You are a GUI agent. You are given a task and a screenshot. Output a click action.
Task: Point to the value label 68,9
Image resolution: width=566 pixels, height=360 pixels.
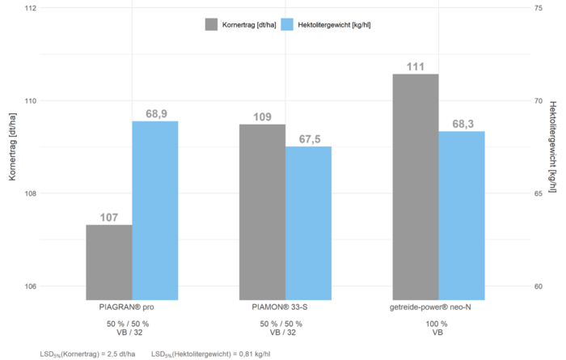[x=156, y=114]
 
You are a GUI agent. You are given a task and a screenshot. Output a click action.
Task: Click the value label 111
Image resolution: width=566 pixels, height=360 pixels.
[x=416, y=66]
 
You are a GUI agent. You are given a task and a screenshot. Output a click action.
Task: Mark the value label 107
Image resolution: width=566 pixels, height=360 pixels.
[x=109, y=218]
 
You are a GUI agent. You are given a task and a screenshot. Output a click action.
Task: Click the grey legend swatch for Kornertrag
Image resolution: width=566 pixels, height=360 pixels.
[x=212, y=24]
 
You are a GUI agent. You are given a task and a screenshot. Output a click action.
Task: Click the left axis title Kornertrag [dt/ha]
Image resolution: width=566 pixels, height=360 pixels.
[x=11, y=148]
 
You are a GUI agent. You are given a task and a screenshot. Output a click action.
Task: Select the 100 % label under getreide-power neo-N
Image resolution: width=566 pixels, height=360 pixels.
[x=437, y=324]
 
